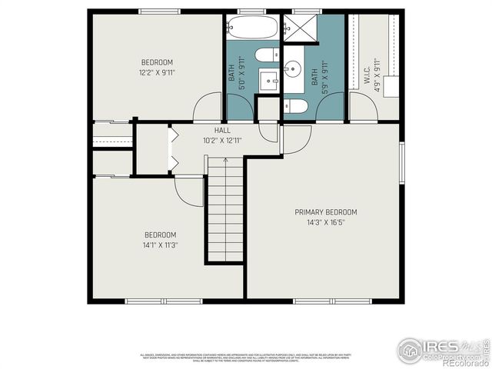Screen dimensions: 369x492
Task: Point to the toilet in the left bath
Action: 268,55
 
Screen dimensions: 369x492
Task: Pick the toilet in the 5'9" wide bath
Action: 297,106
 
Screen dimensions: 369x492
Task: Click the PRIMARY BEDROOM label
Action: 326,212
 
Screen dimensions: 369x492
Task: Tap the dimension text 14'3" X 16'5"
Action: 326,222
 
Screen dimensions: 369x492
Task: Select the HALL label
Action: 222,131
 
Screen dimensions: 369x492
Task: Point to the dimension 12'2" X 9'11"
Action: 157,72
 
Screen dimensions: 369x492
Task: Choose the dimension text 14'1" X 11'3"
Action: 161,245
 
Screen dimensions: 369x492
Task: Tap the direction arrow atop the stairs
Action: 224,160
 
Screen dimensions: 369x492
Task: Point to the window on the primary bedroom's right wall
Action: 401,163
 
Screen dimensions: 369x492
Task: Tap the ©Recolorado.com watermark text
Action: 460,363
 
